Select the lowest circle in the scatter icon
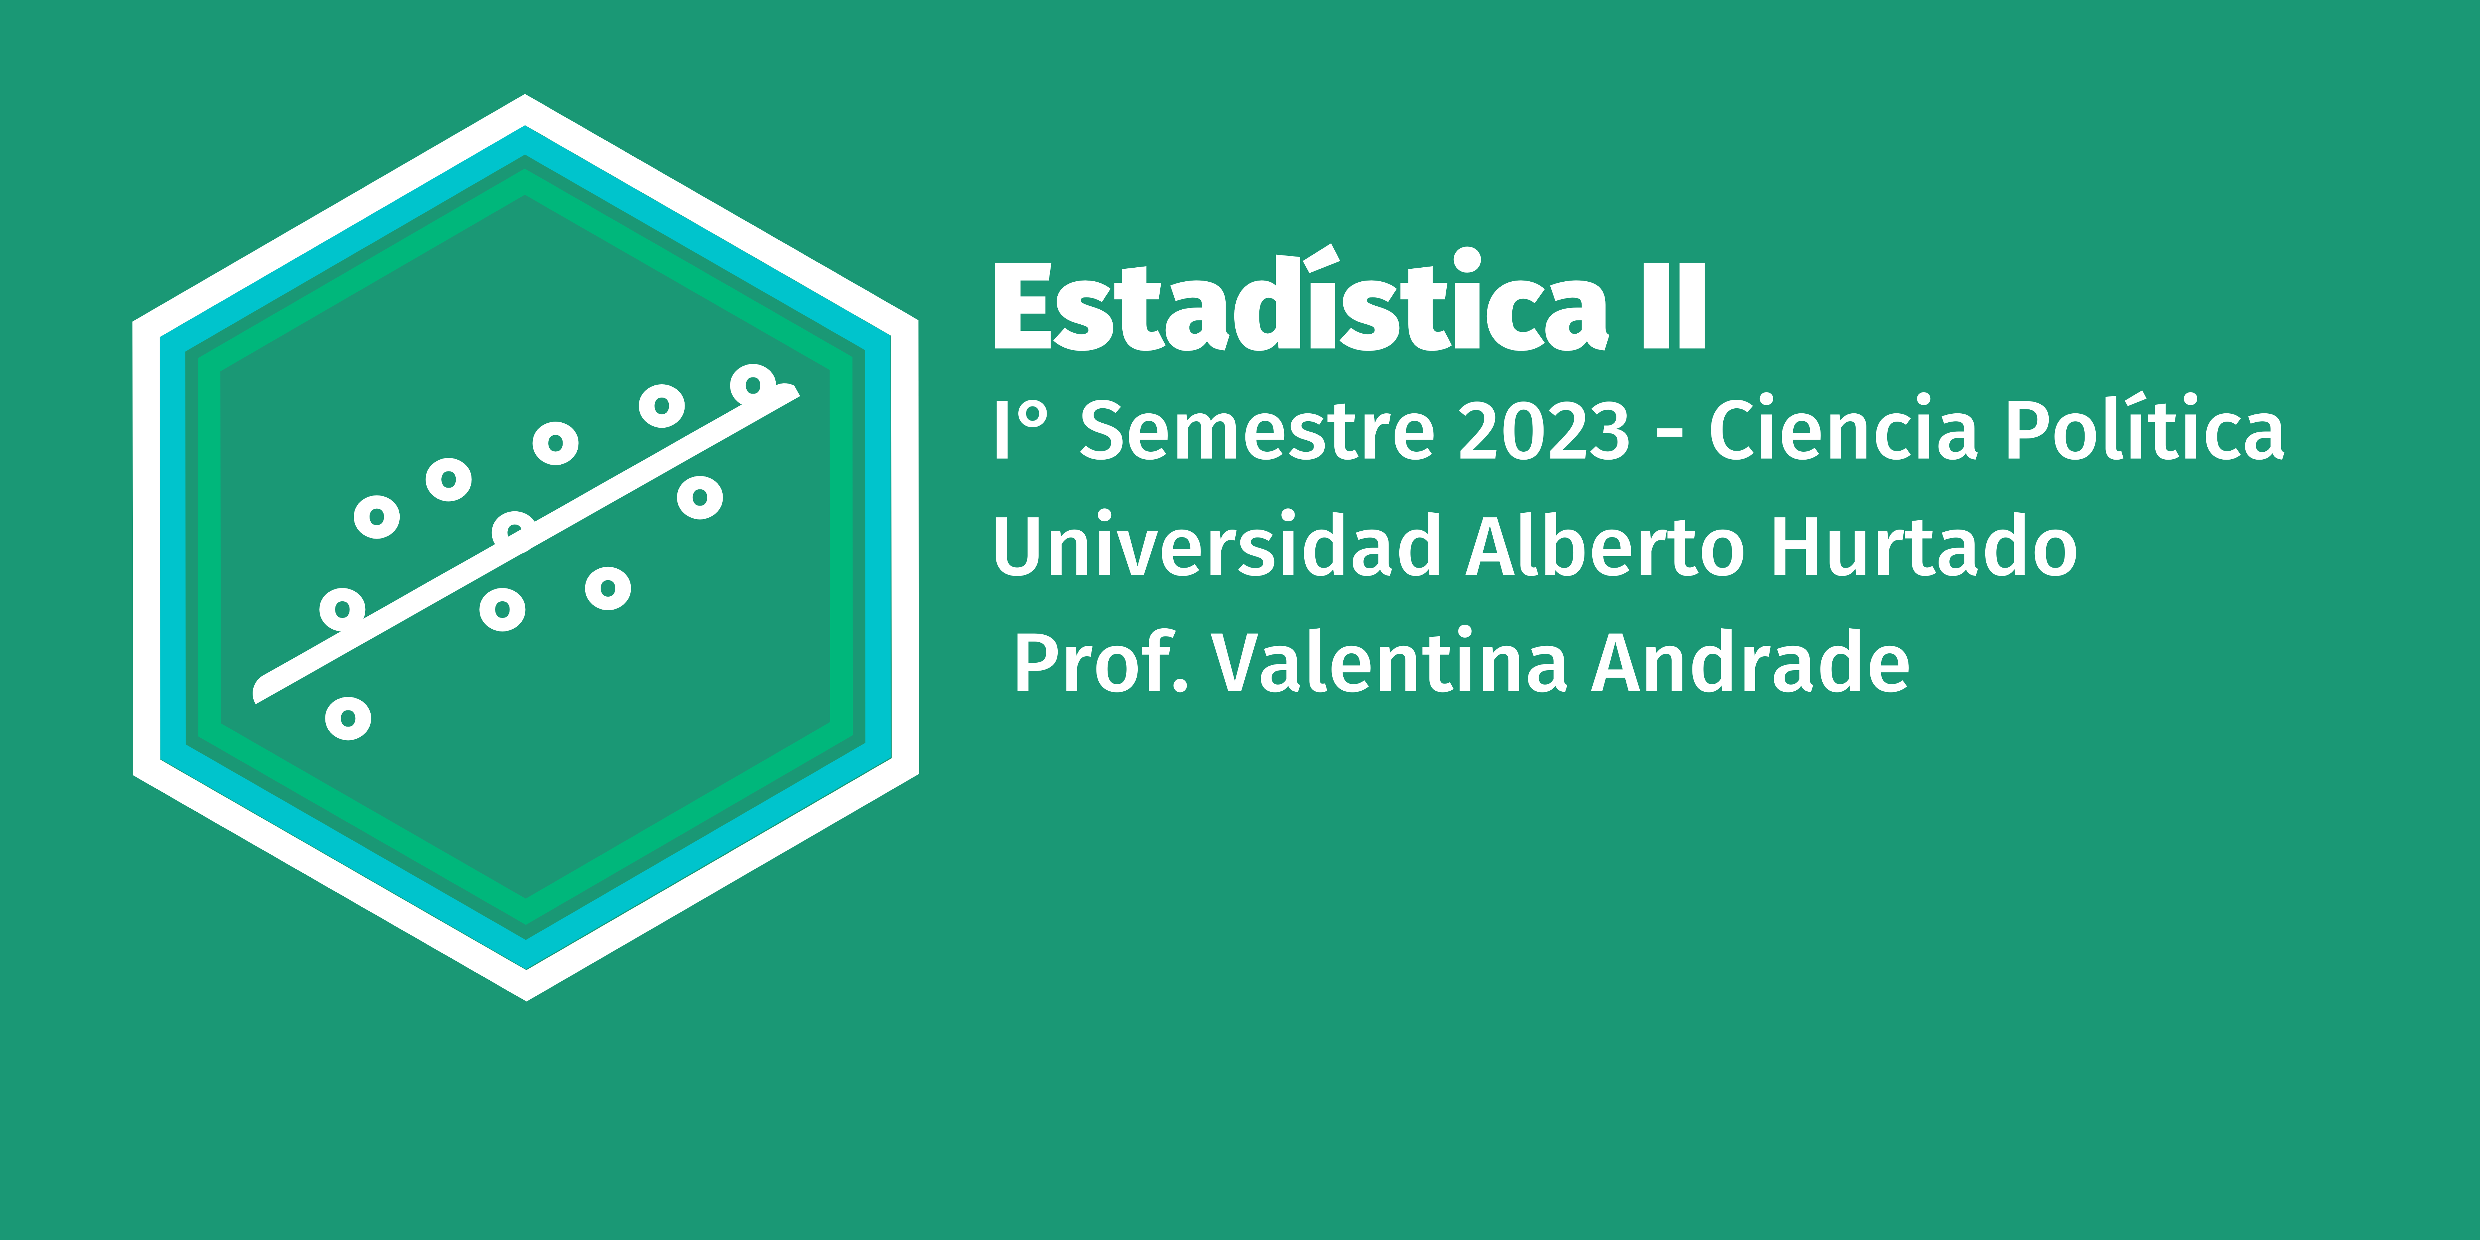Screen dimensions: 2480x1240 (x=348, y=718)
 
